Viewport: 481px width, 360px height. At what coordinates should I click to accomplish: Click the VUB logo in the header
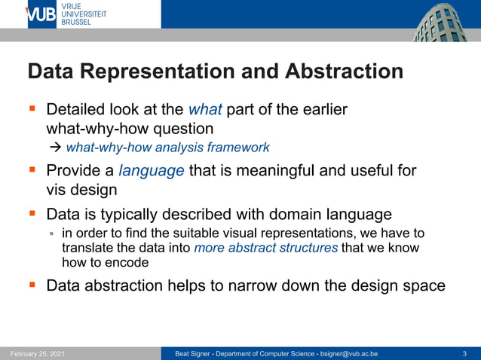coord(41,14)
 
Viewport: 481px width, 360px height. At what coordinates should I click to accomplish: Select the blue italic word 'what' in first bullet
coord(204,110)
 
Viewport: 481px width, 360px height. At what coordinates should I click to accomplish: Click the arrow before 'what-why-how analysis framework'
coord(56,147)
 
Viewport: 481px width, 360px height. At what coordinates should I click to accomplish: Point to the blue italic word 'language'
coord(152,170)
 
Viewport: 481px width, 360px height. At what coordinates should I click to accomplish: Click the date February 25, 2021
coord(38,353)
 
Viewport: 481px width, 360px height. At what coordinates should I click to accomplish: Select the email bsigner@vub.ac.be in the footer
coord(348,353)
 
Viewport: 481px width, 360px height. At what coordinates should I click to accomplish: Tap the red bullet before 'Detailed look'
coord(32,110)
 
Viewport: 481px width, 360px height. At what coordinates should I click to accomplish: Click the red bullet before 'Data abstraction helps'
coord(32,285)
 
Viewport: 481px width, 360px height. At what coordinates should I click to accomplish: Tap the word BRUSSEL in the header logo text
coord(76,23)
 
